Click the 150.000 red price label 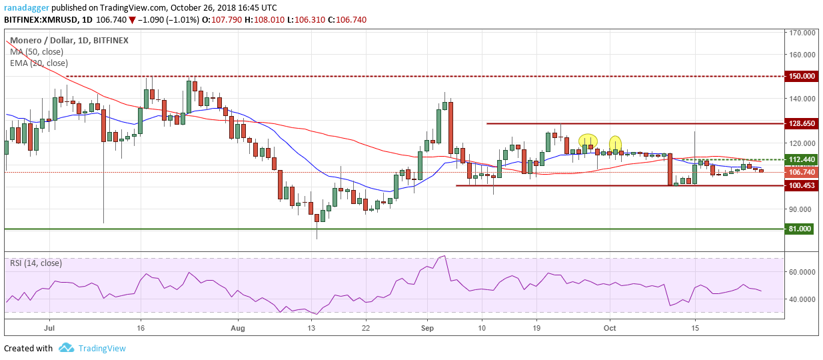pyautogui.click(x=801, y=76)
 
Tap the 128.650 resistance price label pyautogui.click(x=801, y=123)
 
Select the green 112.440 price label pyautogui.click(x=801, y=159)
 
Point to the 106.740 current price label pyautogui.click(x=801, y=172)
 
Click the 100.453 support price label pyautogui.click(x=801, y=185)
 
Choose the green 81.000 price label pyautogui.click(x=801, y=229)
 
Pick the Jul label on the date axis pyautogui.click(x=47, y=328)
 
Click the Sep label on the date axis pyautogui.click(x=428, y=328)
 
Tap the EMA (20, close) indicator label pyautogui.click(x=38, y=63)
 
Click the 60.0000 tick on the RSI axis pyautogui.click(x=802, y=272)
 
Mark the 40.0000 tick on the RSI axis pyautogui.click(x=802, y=299)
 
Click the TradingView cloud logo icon pyautogui.click(x=66, y=348)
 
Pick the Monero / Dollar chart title pyautogui.click(x=40, y=40)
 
